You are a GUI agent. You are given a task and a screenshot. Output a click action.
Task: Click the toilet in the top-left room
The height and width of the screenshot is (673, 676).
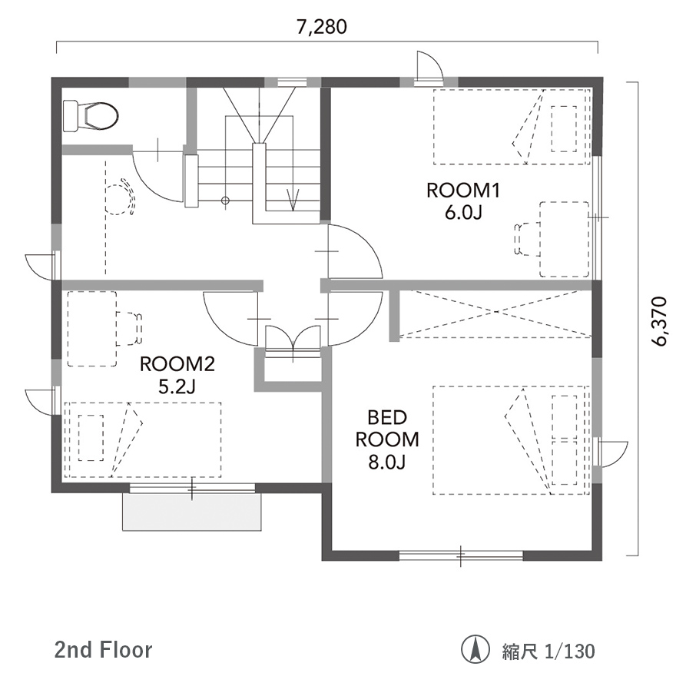91,115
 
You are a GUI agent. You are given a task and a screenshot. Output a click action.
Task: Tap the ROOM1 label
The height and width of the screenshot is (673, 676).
463,190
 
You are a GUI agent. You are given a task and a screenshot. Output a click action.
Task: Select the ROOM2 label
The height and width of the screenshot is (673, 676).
177,364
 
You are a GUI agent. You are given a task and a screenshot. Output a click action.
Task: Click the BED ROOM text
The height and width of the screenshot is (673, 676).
387,429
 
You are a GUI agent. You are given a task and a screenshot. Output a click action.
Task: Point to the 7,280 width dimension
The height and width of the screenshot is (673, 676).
322,27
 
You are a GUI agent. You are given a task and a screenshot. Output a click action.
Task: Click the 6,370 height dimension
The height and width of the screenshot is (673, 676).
659,321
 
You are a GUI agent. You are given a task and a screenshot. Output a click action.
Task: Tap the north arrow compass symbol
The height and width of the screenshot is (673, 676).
476,649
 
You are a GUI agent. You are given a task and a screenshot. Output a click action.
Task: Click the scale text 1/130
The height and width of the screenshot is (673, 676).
569,651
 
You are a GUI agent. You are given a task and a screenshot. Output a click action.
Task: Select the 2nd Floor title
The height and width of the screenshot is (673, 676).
104,650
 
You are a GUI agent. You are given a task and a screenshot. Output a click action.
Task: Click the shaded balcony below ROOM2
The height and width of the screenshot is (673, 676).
192,512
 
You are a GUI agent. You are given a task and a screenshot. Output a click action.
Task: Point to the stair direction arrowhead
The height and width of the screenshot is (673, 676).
293,202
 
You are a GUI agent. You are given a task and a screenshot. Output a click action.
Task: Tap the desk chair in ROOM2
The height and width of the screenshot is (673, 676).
129,329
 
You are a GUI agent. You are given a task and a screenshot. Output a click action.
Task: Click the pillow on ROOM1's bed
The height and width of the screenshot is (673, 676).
564,128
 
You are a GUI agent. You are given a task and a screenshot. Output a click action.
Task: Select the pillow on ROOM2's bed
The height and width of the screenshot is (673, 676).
91,438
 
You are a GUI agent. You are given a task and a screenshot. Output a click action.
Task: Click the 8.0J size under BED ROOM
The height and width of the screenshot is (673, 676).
386,462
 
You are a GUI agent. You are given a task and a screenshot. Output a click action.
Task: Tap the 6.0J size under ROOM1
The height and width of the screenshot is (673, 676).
463,213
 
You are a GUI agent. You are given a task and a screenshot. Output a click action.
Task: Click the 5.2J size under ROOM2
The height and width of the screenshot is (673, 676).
177,386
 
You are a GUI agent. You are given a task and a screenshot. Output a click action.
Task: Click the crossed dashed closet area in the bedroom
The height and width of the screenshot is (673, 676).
495,313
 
